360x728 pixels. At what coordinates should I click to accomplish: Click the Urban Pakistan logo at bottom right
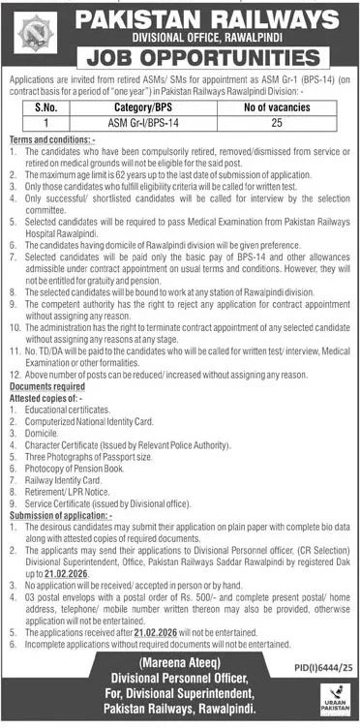tap(334, 698)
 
